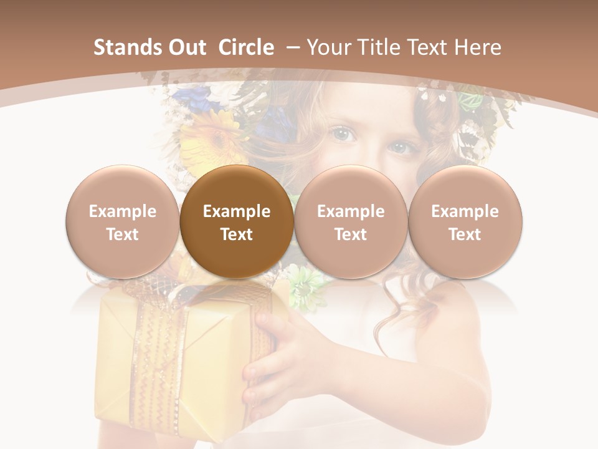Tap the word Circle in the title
(x=246, y=47)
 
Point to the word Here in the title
(x=477, y=47)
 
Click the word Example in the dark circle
(x=237, y=211)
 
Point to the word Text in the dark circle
(x=237, y=234)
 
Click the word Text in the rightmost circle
(x=465, y=234)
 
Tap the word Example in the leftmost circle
(x=123, y=211)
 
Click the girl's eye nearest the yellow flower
(x=342, y=133)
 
